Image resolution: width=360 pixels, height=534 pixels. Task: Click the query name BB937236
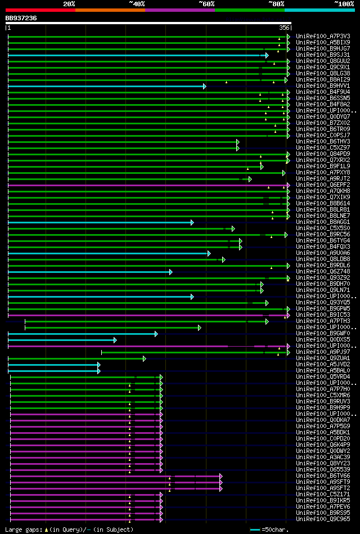21,18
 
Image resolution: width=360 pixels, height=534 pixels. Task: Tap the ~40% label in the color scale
137,3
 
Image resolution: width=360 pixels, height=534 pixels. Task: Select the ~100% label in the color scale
344,3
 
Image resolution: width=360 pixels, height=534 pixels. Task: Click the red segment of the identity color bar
40,10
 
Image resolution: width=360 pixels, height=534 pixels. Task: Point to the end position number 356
284,28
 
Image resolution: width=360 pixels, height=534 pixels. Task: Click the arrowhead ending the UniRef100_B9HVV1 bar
205,86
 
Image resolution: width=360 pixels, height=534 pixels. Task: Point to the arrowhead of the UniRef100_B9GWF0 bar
156,334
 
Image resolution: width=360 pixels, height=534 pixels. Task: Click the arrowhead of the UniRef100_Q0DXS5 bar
115,340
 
